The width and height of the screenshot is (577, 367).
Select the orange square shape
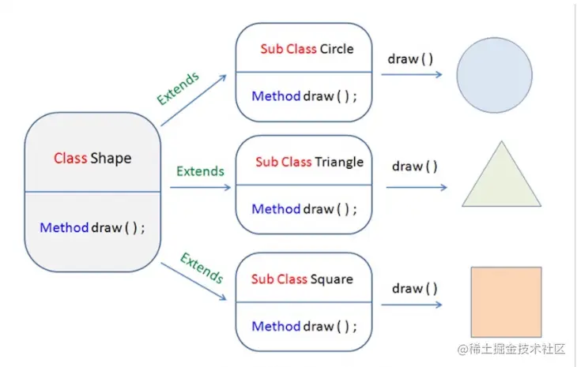point(506,301)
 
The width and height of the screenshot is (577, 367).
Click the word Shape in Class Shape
point(111,158)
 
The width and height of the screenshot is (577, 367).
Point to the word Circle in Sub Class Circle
point(337,49)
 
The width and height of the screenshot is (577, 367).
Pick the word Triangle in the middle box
point(339,162)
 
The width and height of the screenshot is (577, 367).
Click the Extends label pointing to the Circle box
point(178,88)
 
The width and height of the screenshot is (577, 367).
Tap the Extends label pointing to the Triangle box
point(200,170)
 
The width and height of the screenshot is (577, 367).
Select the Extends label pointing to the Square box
point(202,268)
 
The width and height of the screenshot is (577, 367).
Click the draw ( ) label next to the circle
point(410,59)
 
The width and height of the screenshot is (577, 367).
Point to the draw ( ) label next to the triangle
point(414,166)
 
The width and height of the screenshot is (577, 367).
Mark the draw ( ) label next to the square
point(414,288)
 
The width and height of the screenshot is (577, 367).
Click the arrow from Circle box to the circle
point(411,74)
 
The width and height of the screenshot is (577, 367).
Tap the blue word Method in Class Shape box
point(63,227)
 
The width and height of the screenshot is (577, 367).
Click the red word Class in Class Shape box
point(70,158)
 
